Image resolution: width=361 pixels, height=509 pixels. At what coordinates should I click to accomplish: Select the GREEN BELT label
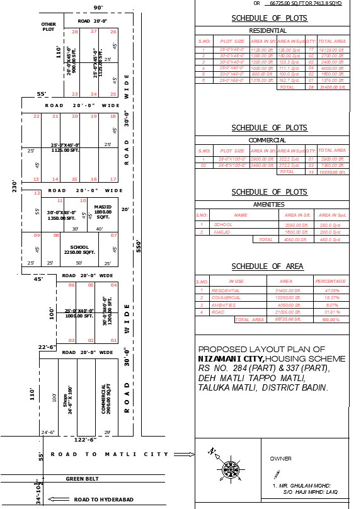point(83,479)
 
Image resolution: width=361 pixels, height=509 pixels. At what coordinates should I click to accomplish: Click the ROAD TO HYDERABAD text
point(103,500)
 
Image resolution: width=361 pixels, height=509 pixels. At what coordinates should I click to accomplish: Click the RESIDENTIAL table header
point(268,30)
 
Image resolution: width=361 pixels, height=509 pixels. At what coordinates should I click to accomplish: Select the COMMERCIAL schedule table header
point(268,140)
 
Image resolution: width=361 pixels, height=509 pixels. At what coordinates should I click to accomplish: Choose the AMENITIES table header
point(269,204)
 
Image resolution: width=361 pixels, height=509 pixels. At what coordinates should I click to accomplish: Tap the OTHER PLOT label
point(49,26)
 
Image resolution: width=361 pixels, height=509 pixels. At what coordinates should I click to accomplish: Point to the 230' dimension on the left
point(14,187)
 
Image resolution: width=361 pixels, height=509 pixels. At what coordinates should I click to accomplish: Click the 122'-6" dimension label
point(84,440)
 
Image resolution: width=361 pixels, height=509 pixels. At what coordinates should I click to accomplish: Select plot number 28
point(75,31)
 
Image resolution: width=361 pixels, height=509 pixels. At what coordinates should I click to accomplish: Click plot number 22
point(37,117)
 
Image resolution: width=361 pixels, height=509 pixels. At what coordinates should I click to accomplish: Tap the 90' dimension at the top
point(98,7)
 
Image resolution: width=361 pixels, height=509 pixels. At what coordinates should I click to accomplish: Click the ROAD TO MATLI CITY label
point(110,454)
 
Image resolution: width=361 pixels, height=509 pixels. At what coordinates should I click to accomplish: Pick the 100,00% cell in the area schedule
point(331,320)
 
